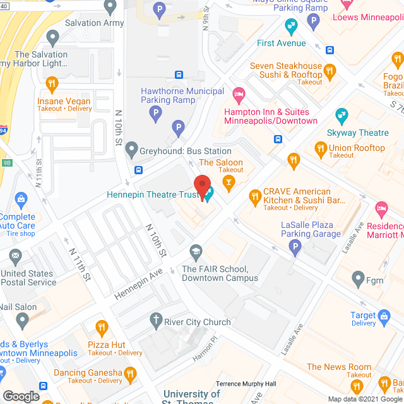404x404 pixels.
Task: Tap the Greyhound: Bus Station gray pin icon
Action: point(131,150)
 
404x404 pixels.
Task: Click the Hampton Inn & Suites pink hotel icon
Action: point(239,95)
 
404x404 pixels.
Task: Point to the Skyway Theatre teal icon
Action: point(342,115)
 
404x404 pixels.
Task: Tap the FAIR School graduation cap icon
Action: point(196,252)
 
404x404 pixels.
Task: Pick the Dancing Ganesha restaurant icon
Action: point(131,373)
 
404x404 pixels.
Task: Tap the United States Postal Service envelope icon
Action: point(15,256)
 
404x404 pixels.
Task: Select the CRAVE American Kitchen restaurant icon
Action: point(256,197)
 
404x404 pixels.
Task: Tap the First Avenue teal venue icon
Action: point(290,26)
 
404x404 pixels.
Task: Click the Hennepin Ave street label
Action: point(138,286)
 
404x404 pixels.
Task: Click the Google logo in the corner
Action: point(21,396)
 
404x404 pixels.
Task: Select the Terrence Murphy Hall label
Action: point(246,384)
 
